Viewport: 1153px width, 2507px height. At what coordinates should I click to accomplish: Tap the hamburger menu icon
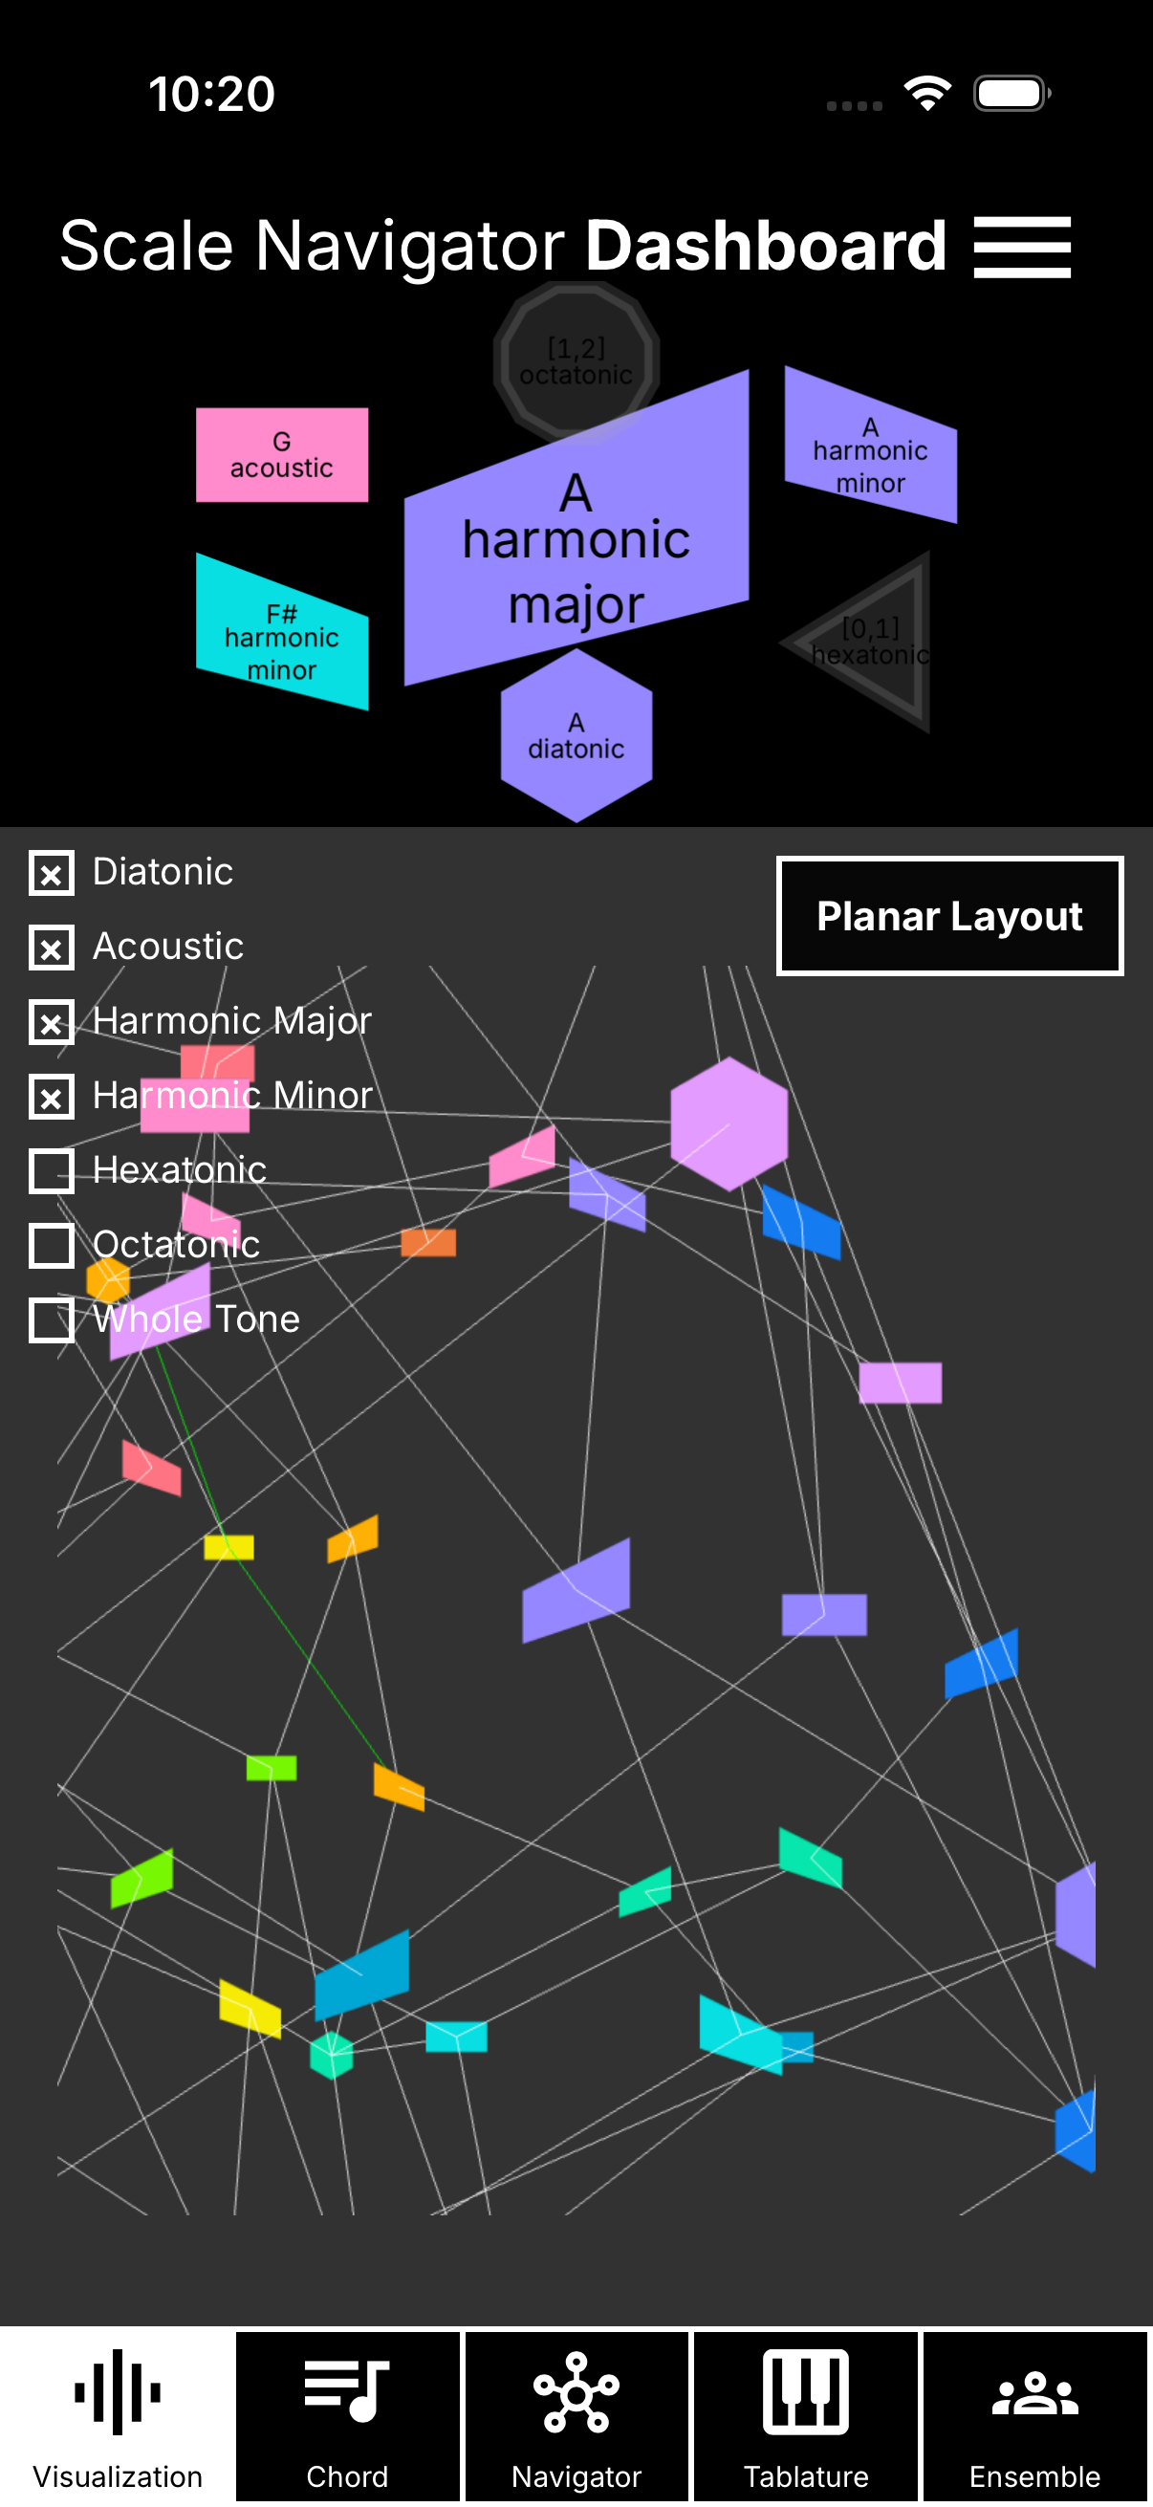click(x=1022, y=248)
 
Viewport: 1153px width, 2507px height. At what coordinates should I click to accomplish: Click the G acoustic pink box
click(x=282, y=454)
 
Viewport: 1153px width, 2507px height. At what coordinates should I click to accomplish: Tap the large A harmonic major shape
click(x=576, y=545)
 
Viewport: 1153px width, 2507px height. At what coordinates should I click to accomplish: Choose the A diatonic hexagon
click(x=576, y=736)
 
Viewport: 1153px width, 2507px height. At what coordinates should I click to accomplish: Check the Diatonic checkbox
click(x=52, y=873)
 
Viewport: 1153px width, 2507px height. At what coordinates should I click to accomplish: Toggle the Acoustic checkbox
click(x=52, y=947)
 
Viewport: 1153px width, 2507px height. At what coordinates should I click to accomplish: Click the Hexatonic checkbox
click(x=52, y=1170)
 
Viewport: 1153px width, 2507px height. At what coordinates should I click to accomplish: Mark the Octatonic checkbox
click(x=52, y=1245)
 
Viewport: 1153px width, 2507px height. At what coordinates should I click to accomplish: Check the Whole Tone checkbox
click(x=52, y=1319)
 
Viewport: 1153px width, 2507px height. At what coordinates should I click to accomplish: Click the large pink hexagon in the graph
click(x=729, y=1123)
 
